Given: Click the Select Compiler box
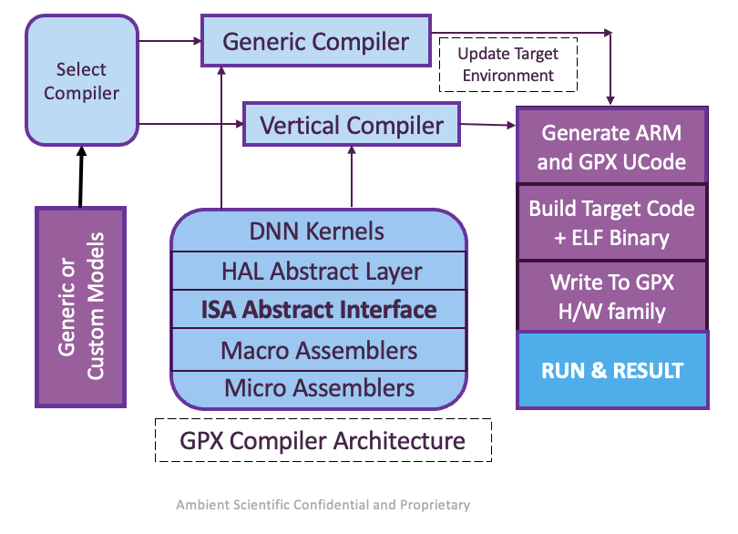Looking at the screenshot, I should (x=81, y=81).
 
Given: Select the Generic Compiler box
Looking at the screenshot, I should (x=315, y=41).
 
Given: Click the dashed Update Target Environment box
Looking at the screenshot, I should (x=507, y=64).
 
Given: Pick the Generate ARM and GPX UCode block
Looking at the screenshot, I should (x=611, y=147).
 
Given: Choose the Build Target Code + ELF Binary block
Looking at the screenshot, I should (x=611, y=222).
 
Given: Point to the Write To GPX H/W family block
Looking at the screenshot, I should (x=611, y=296).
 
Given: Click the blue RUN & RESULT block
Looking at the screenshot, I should (x=611, y=370).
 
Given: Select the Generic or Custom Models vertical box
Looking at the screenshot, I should (x=80, y=306).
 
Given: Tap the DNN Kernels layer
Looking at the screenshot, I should (x=317, y=231).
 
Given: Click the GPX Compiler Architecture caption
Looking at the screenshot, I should (x=323, y=441).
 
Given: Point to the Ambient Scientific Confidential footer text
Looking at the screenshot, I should (x=323, y=504).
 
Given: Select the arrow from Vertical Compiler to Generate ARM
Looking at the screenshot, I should (x=487, y=125).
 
